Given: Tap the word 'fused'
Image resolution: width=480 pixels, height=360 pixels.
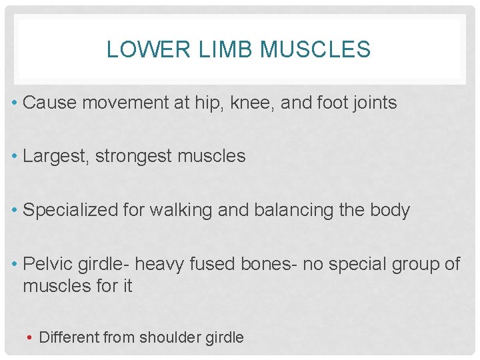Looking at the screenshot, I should pyautogui.click(x=211, y=264).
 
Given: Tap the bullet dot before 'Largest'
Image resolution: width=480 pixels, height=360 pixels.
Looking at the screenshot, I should pyautogui.click(x=15, y=157).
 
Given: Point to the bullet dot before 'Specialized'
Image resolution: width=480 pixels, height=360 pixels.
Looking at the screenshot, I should pyautogui.click(x=15, y=211).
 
